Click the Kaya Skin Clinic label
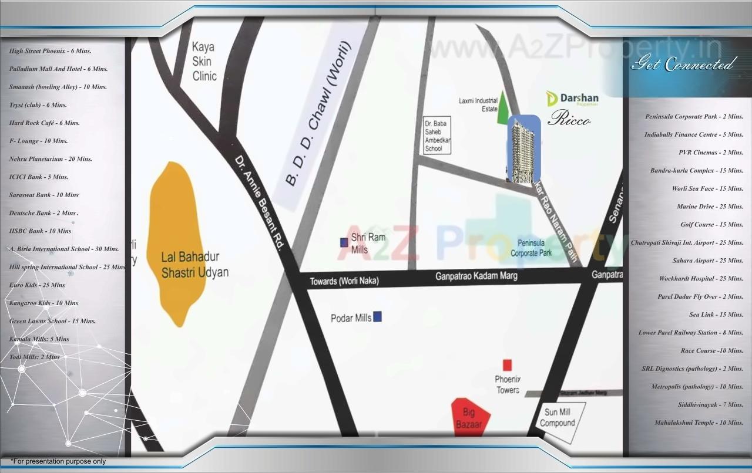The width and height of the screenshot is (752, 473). click(x=204, y=62)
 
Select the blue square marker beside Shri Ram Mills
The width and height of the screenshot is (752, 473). click(x=344, y=242)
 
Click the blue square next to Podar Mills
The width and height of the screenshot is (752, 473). click(x=377, y=317)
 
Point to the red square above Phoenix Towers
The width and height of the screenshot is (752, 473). click(x=507, y=364)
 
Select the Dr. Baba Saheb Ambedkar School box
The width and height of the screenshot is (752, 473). click(x=437, y=136)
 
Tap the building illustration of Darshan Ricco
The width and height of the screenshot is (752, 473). click(x=523, y=150)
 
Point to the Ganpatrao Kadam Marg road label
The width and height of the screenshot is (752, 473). click(x=476, y=276)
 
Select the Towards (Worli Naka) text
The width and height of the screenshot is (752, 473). click(x=344, y=282)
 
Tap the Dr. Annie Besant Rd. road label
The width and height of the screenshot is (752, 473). click(x=259, y=203)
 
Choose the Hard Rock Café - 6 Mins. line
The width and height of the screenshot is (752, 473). click(x=45, y=123)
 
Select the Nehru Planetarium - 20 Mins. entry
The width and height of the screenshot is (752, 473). click(x=51, y=159)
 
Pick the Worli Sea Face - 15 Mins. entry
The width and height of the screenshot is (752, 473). click(x=707, y=188)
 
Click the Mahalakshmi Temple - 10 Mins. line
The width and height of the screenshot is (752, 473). click(x=699, y=423)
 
